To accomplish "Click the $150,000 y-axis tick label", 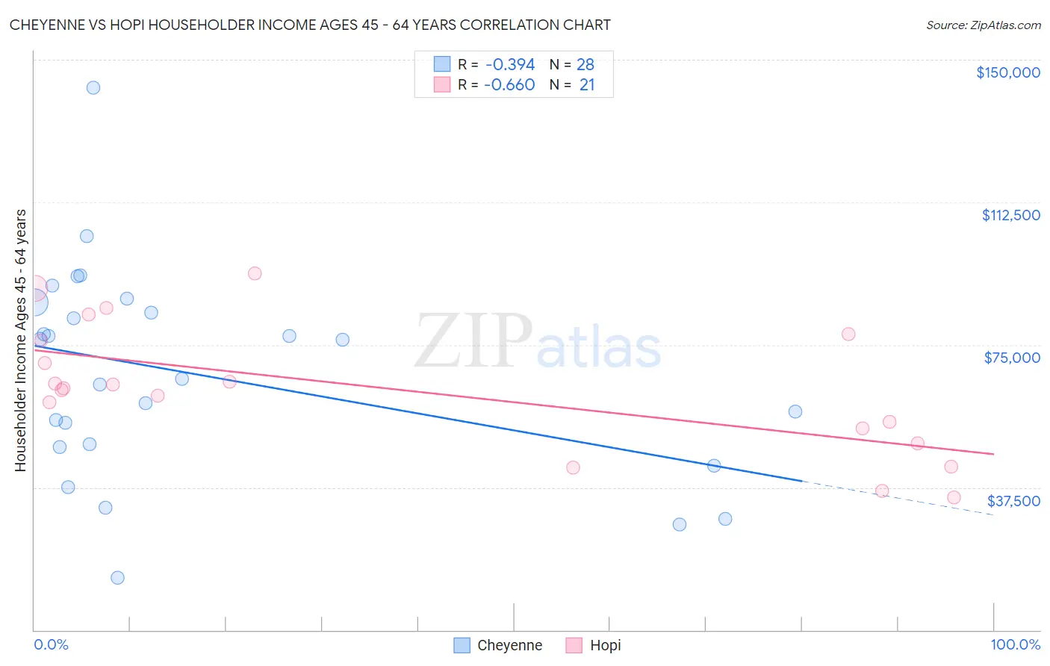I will [x=1007, y=72].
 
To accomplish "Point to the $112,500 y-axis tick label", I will [x=1010, y=215].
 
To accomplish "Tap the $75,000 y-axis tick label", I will [x=1012, y=358].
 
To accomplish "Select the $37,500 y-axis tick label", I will [x=1013, y=501].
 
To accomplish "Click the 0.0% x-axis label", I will [x=51, y=644].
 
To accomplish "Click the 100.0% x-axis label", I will [x=1015, y=644].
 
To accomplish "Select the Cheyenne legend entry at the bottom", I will [x=498, y=645].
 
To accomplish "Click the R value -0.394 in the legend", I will [x=509, y=65].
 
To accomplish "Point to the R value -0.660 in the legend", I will [x=509, y=85].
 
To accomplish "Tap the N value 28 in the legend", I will [x=585, y=65].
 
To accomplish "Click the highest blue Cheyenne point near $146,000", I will [x=93, y=87].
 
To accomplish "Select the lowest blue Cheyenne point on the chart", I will [x=117, y=578].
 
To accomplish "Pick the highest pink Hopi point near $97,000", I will [x=255, y=273].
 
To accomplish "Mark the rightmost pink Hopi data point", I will [x=954, y=497].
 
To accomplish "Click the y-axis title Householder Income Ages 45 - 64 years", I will [x=20, y=340].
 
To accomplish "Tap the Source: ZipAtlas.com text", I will [x=983, y=25].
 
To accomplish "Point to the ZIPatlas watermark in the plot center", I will [x=538, y=341].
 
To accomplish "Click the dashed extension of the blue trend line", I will [x=896, y=498].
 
